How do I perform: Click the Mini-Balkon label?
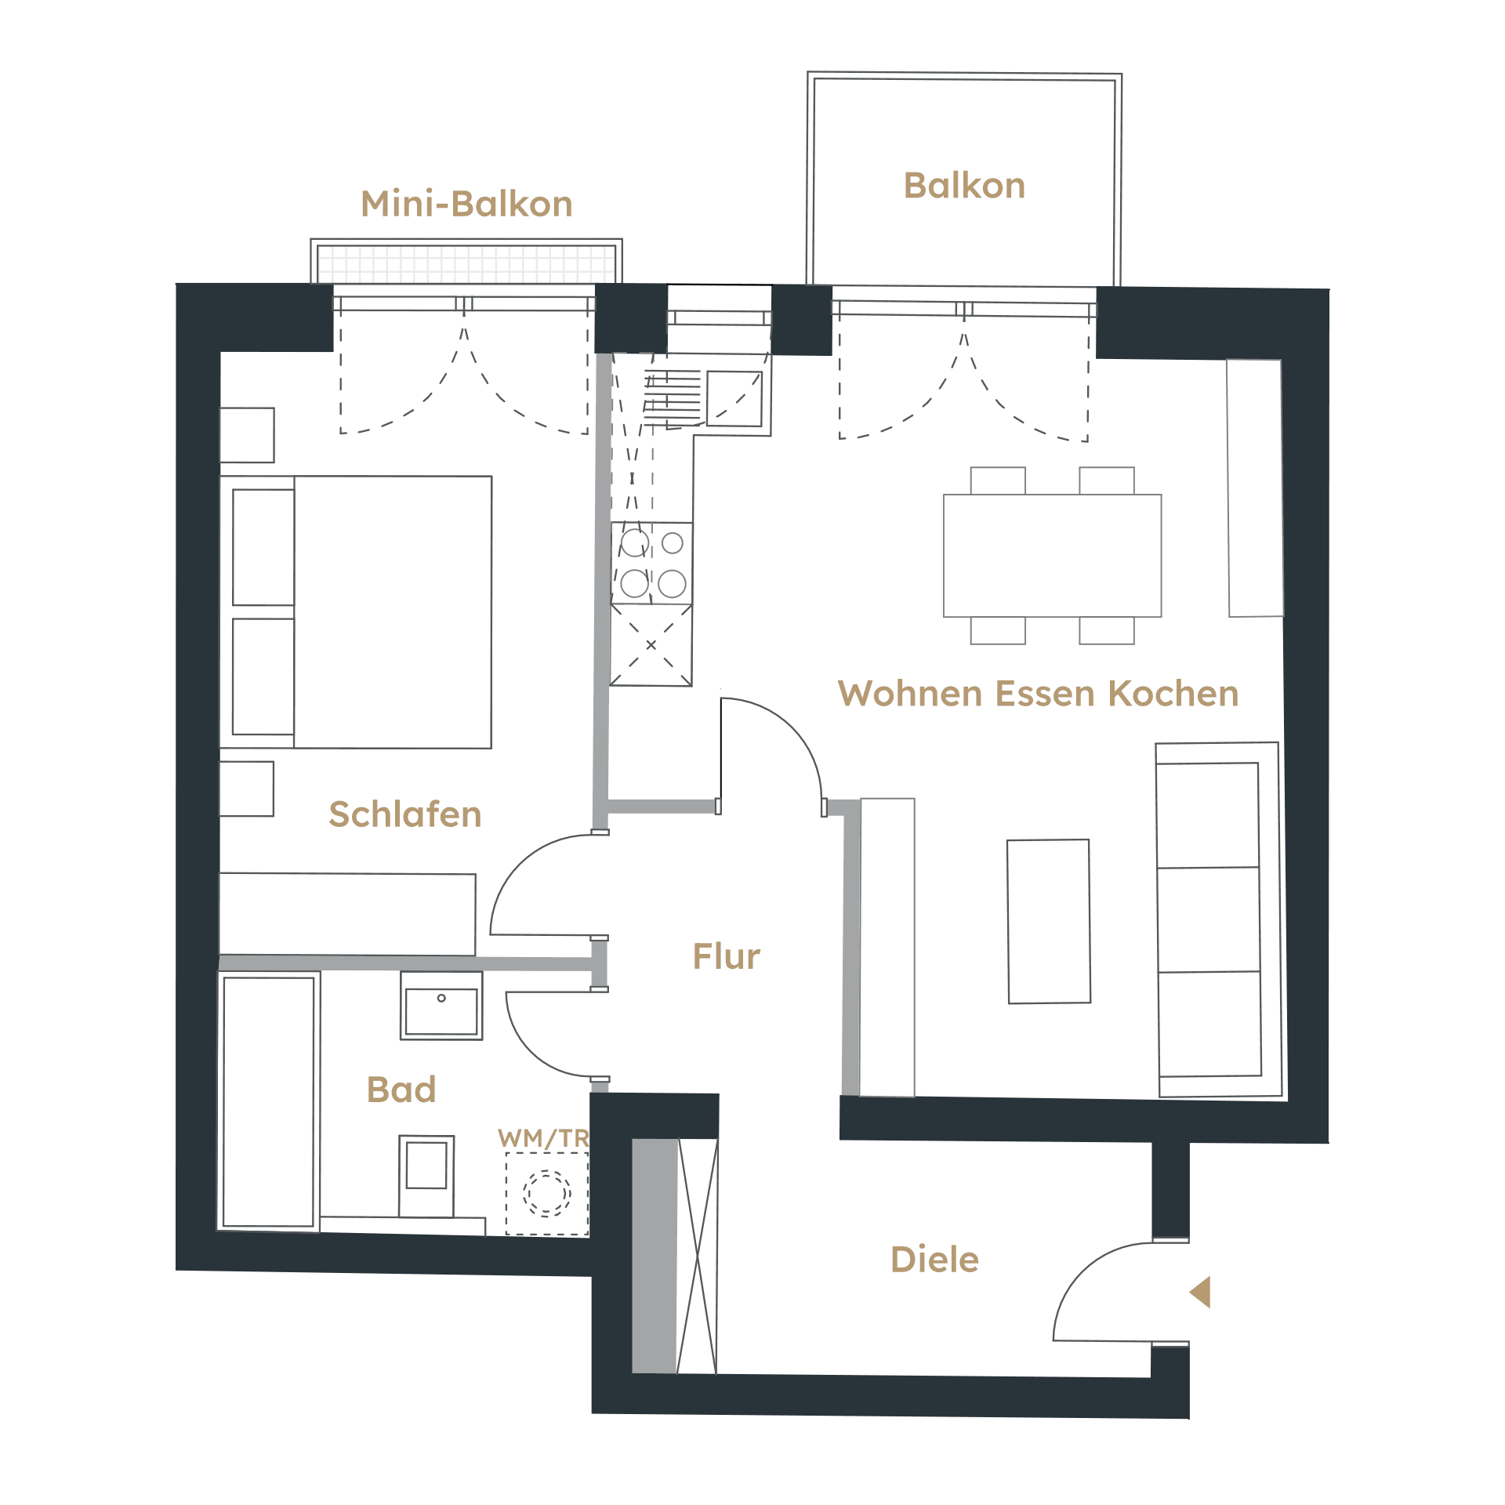click(466, 204)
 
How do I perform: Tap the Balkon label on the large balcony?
click(964, 186)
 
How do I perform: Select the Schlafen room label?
click(404, 814)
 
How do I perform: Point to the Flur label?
click(726, 956)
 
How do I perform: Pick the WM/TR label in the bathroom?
click(543, 1138)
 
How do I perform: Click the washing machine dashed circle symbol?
click(547, 1193)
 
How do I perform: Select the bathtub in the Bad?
click(268, 1101)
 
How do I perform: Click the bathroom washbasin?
click(441, 1006)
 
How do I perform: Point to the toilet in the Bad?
click(426, 1176)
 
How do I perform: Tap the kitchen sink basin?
click(734, 399)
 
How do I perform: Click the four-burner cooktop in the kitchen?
click(651, 563)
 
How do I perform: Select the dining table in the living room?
click(1052, 556)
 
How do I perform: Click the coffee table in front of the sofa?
click(1049, 922)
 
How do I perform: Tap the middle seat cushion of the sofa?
click(1209, 920)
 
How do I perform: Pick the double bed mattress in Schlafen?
click(393, 612)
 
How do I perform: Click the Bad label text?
click(401, 1090)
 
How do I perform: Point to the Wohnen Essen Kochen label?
click(1039, 694)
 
